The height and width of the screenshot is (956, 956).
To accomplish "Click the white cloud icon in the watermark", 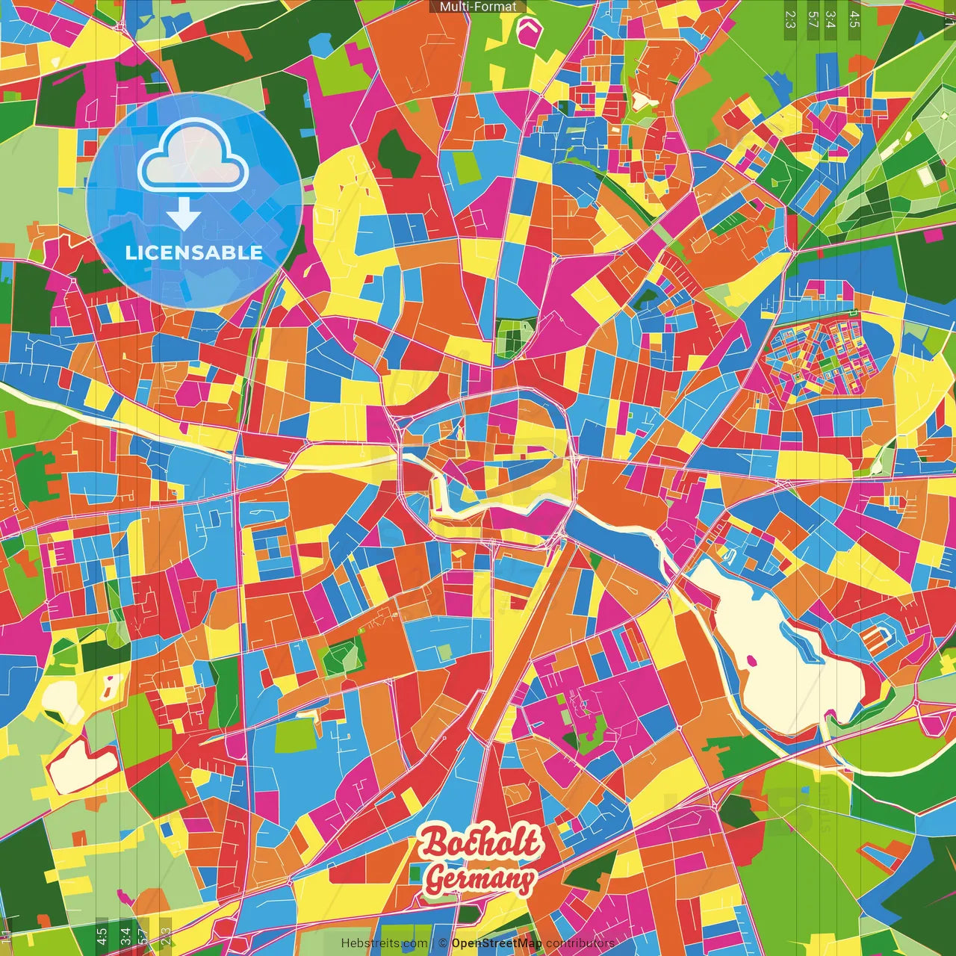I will pos(193,156).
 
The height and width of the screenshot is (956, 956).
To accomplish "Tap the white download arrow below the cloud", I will pos(183,213).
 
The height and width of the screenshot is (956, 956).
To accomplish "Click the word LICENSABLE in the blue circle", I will pos(193,252).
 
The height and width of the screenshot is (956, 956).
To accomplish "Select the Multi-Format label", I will pos(478,7).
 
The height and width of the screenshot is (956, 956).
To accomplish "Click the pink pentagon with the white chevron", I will pos(530,29).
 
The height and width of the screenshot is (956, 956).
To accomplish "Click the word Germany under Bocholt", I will pos(480,879).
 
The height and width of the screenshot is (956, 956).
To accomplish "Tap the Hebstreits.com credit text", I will pos(384,943).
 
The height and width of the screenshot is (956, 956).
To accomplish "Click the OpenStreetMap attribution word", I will pos(497,943).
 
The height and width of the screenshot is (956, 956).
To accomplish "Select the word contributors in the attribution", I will pos(580,943).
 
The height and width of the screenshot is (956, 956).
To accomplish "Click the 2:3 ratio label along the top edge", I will pos(790,19).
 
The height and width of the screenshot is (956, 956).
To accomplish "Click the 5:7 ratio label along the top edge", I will pos(813,19).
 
